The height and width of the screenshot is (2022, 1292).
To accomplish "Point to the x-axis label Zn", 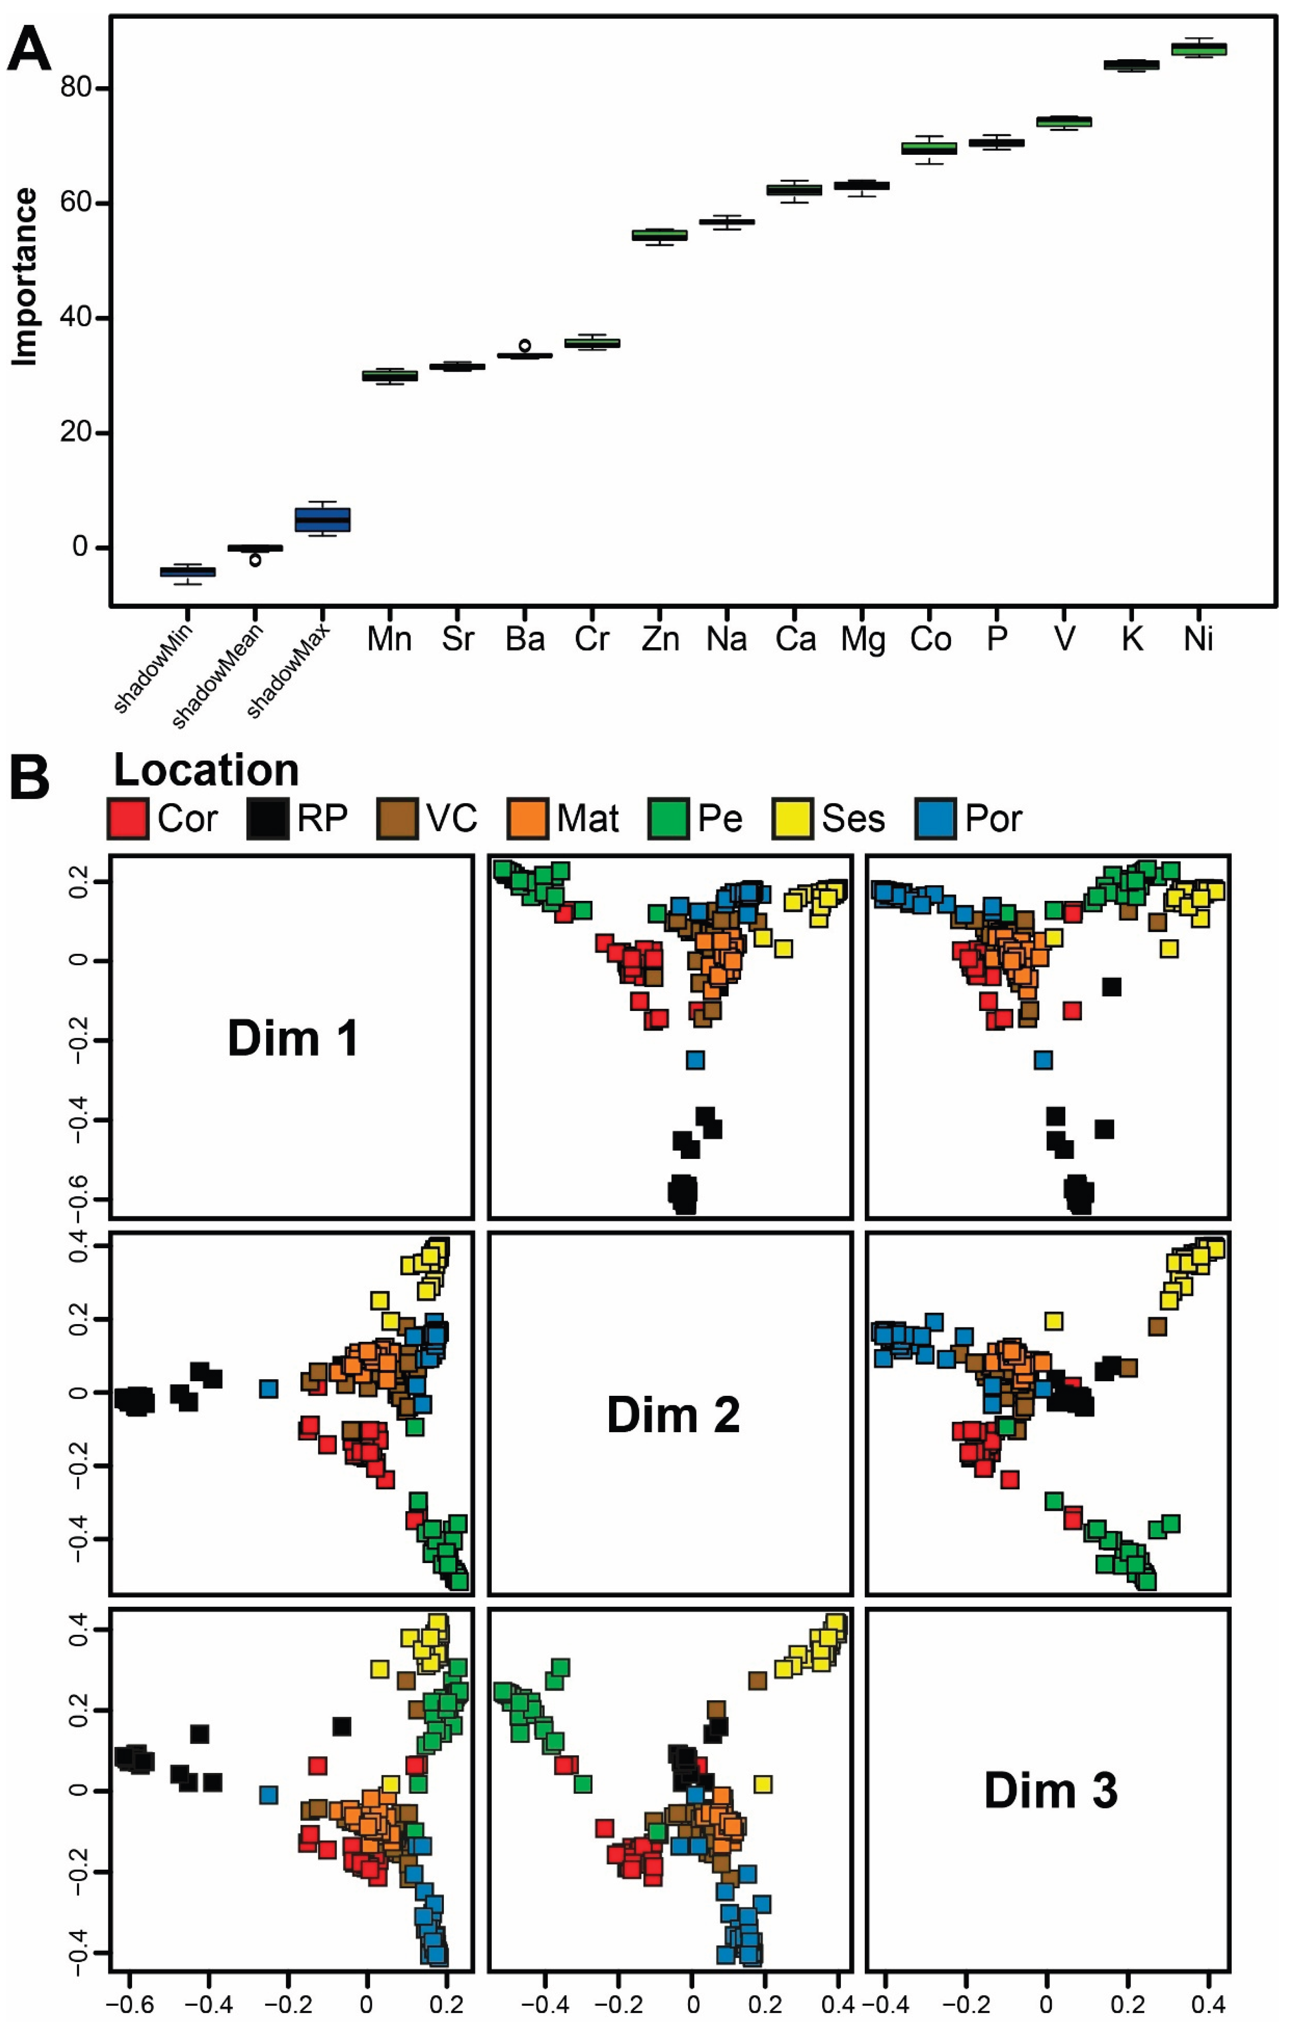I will pyautogui.click(x=660, y=640).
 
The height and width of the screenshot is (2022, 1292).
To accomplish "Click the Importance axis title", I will pyautogui.click(x=25, y=277).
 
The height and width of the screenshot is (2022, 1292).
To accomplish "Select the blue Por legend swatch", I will pyautogui.click(x=935, y=819).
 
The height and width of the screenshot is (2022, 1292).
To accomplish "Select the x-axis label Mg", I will pyautogui.click(x=863, y=640).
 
